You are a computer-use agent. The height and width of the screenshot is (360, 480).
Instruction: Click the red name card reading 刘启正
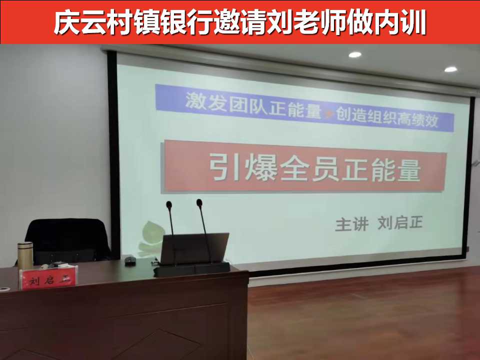click(x=48, y=278)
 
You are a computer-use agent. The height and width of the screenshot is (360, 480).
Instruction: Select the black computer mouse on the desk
click(x=130, y=261)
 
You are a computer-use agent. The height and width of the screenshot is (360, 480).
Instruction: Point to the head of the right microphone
click(x=199, y=202)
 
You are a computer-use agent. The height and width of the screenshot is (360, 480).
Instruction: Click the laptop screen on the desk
click(x=194, y=248)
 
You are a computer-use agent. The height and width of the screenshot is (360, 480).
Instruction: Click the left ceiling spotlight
click(x=355, y=55)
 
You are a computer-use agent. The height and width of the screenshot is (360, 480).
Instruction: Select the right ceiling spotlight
click(x=450, y=69)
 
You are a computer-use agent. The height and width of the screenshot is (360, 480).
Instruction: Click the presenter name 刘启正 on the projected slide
click(x=400, y=222)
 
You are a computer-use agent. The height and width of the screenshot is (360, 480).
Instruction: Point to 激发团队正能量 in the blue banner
click(x=253, y=105)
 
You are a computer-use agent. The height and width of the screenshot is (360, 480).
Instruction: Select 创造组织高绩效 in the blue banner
click(x=387, y=117)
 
